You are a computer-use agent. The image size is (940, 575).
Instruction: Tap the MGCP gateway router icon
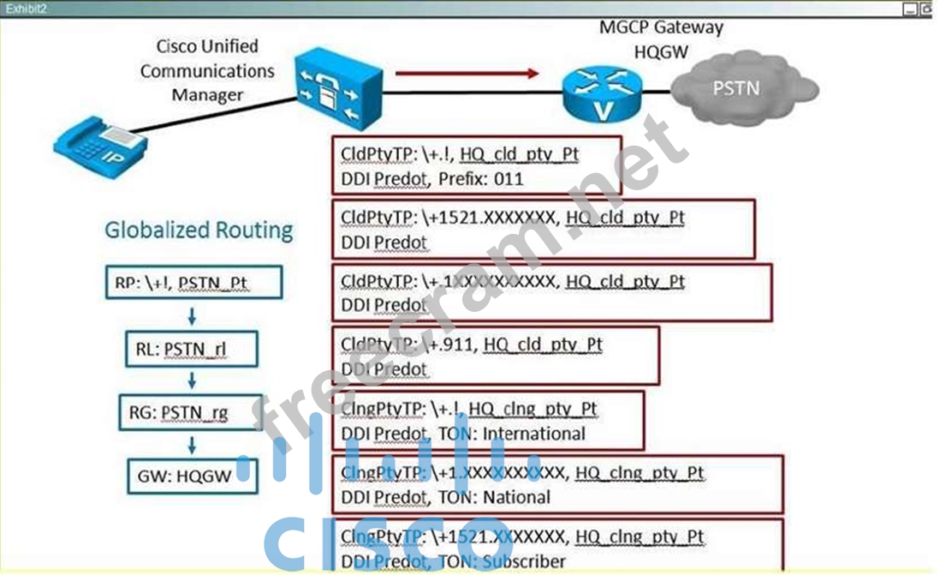[604, 93]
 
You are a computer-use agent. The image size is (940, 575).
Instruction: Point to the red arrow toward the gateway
[467, 73]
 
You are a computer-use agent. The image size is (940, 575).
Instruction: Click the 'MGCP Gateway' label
[660, 27]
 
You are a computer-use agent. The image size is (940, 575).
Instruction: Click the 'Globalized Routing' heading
[199, 230]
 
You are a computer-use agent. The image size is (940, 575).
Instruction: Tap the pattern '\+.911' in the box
[449, 344]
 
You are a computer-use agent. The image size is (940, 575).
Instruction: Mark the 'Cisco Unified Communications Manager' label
[207, 70]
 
